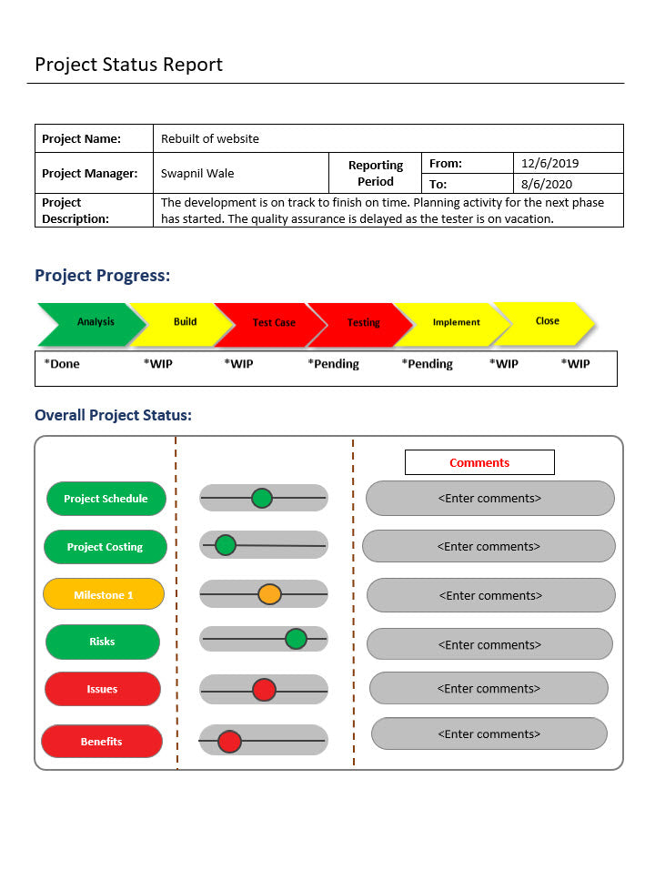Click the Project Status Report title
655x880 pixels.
point(128,65)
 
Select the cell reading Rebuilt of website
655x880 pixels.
point(210,138)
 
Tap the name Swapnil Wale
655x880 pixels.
point(197,173)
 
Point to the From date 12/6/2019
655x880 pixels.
point(549,164)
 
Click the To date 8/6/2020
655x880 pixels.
point(547,184)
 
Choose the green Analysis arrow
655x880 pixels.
point(92,322)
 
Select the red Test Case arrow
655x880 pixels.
point(273,323)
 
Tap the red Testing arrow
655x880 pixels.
point(363,323)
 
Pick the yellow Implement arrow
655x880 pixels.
point(456,322)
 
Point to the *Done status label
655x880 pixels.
point(62,364)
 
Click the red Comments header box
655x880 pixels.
point(479,462)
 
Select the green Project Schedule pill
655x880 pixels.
point(106,499)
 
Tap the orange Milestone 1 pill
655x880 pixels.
point(104,595)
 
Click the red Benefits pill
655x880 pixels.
point(101,742)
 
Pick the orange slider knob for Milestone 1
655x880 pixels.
point(269,594)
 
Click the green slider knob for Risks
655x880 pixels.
point(296,639)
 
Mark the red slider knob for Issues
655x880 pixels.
point(264,690)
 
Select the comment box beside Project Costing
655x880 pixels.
point(489,547)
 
